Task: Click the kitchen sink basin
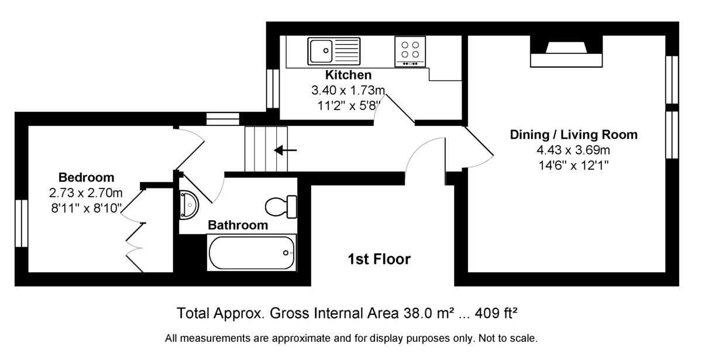[321, 51]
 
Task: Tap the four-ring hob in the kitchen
[410, 52]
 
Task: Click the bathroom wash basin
[190, 205]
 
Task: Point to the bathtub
[252, 253]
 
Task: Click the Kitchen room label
[349, 75]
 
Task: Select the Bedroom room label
[86, 177]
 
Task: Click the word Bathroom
[238, 225]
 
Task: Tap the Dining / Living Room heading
[573, 135]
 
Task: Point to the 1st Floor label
[379, 259]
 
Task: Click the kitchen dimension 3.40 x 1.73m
[348, 90]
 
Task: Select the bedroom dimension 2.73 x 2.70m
[85, 193]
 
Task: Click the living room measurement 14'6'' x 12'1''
[573, 165]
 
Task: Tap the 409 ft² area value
[496, 313]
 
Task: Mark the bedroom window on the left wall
[22, 223]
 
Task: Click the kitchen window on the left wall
[273, 89]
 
